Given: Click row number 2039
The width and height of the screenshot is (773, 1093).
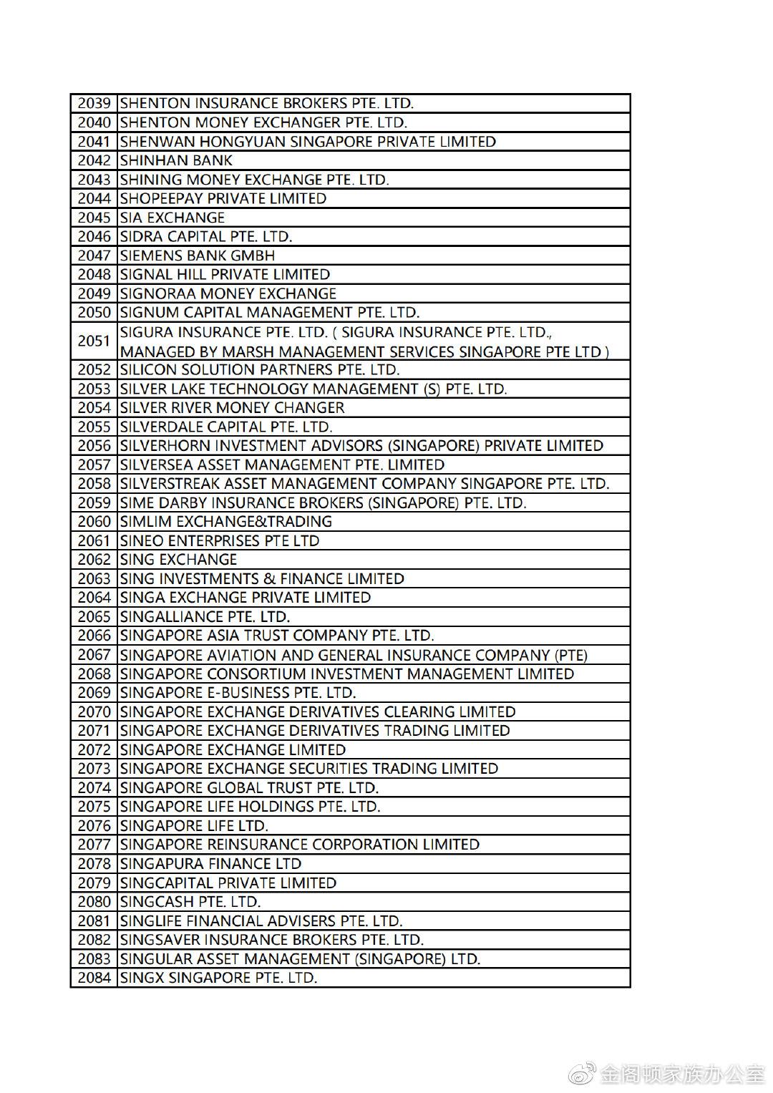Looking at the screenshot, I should point(94,104).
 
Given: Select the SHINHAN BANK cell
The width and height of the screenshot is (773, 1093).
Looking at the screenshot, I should point(176,160).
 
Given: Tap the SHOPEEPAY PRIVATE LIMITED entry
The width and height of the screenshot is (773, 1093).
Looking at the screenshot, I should point(223,198).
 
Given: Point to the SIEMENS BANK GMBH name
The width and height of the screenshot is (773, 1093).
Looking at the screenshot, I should point(197,256).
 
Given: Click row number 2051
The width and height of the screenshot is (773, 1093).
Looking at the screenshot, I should point(94,341).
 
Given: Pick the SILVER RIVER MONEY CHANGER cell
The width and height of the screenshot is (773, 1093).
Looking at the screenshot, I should point(232,408).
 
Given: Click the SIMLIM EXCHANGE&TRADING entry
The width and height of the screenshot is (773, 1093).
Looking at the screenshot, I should point(225,522).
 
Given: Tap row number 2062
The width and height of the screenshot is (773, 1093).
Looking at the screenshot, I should point(94,560).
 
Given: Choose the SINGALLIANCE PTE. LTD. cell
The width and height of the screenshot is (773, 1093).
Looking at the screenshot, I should point(205,617).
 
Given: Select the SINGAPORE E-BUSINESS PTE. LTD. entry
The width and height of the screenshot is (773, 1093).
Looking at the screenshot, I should point(238,693).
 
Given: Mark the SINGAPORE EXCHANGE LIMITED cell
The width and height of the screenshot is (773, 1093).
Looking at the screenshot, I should point(233,750).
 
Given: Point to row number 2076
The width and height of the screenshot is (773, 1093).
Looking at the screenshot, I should point(94,826).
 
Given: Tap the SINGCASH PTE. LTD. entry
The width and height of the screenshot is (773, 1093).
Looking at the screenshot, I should point(190,902).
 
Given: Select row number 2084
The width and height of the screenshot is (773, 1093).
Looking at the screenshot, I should point(94,978).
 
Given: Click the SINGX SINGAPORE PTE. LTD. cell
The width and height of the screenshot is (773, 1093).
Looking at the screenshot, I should point(218,978).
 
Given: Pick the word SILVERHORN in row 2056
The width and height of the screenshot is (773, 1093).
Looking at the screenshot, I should point(161,446).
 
